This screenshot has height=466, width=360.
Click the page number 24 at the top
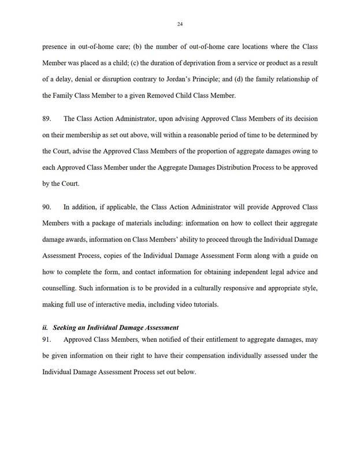pos(180,24)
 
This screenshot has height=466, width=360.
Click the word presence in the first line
pos(55,46)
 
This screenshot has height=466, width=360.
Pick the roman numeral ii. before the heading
pos(46,327)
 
